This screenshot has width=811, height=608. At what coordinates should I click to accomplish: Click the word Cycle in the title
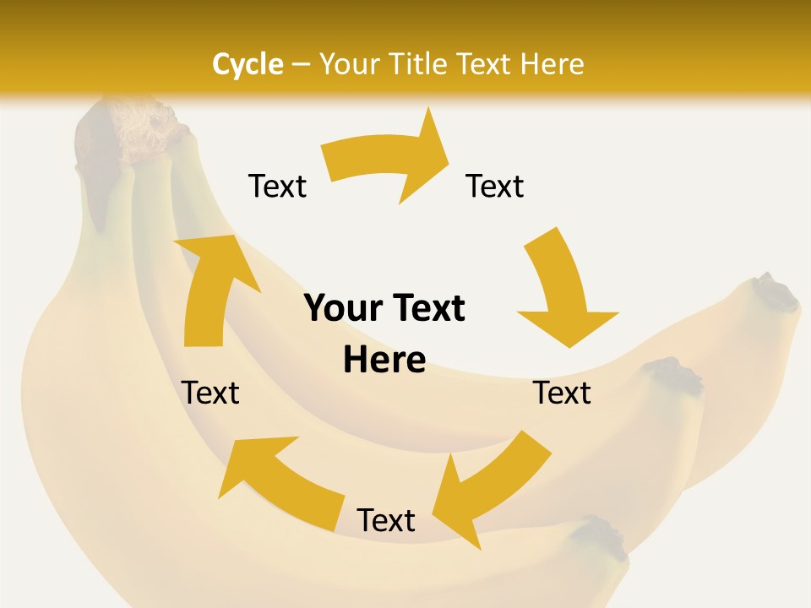(x=248, y=64)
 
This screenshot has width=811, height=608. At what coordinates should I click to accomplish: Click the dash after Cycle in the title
(x=301, y=64)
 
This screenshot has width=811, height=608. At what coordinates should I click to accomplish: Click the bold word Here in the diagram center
(x=384, y=360)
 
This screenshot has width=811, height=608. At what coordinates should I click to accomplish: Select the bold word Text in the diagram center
(x=426, y=308)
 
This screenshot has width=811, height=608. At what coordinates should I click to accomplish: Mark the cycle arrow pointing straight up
(x=211, y=287)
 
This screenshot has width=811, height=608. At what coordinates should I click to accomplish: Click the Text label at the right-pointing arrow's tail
(x=277, y=186)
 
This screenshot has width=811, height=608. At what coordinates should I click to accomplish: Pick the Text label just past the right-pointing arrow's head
(x=495, y=186)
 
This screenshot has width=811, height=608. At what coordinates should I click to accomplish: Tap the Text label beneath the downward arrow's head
(x=563, y=393)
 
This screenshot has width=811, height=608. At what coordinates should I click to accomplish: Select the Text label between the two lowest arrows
(x=386, y=520)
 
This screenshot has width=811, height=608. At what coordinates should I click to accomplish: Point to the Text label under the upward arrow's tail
(x=210, y=393)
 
